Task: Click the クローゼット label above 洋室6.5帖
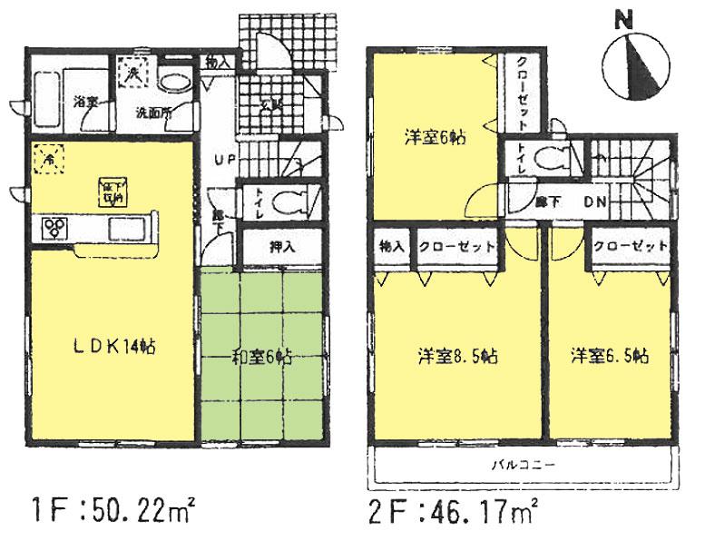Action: [632, 246]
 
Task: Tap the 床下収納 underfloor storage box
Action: [113, 193]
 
